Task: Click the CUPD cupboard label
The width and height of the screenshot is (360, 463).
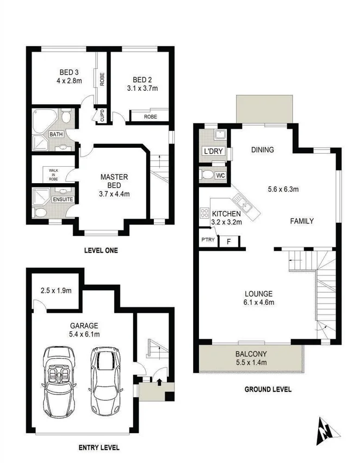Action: click(101, 116)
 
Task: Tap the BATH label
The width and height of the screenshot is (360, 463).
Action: click(56, 134)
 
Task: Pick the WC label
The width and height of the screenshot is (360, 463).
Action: click(220, 176)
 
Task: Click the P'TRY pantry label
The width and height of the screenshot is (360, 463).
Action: click(207, 240)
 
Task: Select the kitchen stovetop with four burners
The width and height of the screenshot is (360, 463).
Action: click(205, 213)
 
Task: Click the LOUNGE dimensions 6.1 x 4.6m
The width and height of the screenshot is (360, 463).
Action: click(258, 302)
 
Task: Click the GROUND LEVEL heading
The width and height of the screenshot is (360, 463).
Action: click(268, 389)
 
